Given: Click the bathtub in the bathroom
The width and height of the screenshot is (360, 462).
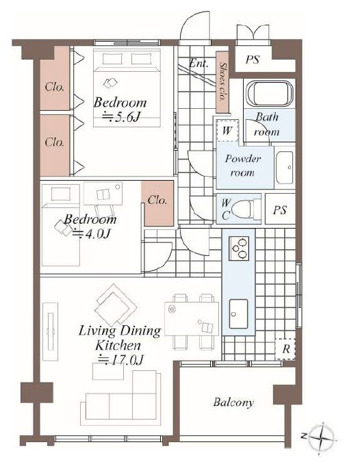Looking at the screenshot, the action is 270,93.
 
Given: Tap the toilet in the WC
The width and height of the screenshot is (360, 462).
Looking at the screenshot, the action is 246,209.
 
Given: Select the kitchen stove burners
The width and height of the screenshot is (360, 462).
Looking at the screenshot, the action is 239,248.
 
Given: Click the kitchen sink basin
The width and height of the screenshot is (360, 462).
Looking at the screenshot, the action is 238,313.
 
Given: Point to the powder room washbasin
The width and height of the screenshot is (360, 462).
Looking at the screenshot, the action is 285,168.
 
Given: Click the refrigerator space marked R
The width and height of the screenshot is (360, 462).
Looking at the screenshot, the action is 285,349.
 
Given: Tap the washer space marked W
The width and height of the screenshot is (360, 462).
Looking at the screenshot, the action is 227,130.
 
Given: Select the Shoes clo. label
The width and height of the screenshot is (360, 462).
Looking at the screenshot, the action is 223,81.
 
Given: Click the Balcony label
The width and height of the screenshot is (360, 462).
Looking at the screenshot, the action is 233,402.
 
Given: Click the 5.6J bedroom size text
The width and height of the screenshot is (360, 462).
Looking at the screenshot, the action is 120,117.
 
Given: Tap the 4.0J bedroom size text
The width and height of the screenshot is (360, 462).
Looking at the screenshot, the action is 91,233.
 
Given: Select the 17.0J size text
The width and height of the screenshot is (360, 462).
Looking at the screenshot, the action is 120,360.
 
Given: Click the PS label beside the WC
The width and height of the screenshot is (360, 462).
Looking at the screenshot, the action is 279,210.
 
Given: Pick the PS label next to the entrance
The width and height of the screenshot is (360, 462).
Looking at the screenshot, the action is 253,60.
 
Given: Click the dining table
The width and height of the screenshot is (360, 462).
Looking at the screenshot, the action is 192,319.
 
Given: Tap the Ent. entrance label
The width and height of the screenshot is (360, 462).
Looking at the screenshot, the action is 198,63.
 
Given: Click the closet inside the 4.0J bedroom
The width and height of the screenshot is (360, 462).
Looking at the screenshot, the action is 157,203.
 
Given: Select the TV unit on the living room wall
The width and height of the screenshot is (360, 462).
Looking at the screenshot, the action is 51,331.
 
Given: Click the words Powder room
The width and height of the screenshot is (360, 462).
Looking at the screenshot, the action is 243,166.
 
